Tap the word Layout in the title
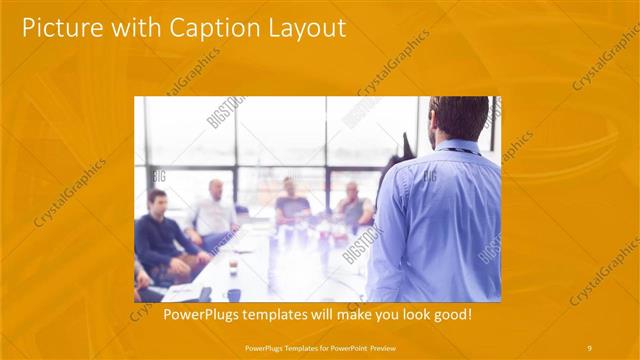pos(302,28)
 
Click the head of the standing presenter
pos(459,118)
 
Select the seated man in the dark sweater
pos(159,235)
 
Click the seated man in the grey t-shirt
pos(292,205)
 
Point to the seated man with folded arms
pos(352,207)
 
